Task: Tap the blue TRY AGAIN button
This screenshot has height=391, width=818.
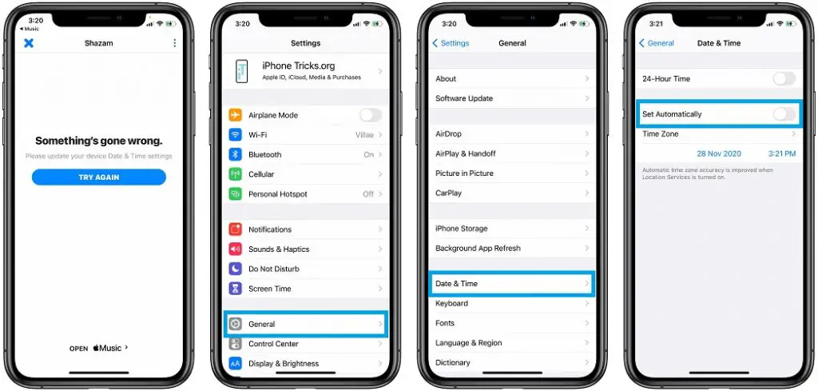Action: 98,177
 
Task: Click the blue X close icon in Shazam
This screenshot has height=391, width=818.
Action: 29,43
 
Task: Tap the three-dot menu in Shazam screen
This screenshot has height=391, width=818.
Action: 175,43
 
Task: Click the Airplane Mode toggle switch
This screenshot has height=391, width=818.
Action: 370,115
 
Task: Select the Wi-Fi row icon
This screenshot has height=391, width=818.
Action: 236,135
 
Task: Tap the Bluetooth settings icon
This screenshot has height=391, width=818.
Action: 236,154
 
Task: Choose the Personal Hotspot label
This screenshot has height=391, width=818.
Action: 277,194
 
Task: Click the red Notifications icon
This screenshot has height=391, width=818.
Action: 236,229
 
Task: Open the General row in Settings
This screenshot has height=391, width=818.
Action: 306,324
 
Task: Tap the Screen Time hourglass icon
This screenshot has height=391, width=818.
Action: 236,289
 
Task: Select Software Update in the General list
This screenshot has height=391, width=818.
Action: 464,98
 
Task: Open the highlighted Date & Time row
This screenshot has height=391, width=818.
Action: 511,284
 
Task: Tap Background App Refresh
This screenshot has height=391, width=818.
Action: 478,249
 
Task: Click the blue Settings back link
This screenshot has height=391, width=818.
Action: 451,43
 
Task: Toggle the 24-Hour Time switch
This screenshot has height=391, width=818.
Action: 784,78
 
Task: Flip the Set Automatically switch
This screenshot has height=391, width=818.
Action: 784,114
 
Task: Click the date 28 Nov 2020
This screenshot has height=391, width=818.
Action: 718,153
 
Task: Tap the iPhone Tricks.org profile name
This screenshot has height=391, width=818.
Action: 298,66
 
